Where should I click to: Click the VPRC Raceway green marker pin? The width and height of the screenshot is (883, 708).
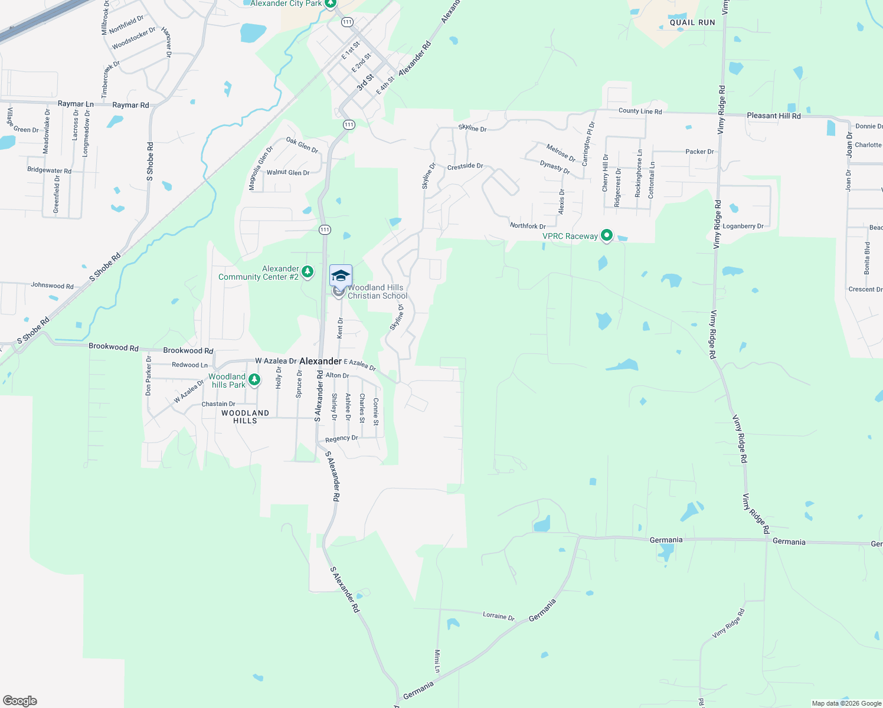(606, 236)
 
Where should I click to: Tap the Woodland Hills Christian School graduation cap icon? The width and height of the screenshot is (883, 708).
(341, 276)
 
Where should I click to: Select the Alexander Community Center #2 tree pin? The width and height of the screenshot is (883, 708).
(307, 272)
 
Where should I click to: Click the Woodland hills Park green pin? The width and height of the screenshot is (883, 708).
(254, 379)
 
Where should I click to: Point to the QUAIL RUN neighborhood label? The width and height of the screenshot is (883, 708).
(692, 22)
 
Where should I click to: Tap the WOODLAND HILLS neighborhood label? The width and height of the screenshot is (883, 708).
(245, 417)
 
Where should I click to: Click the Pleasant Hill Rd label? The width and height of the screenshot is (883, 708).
(774, 116)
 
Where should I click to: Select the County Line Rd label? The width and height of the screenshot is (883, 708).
(640, 111)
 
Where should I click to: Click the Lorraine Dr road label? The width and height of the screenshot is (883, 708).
(498, 616)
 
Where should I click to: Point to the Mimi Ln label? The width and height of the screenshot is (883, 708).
(437, 661)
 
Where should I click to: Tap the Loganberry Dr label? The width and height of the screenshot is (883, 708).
(743, 226)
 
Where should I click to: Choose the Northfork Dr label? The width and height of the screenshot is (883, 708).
(528, 226)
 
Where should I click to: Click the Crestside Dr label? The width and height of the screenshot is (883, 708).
(465, 166)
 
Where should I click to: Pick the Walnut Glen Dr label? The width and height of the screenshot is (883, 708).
(288, 172)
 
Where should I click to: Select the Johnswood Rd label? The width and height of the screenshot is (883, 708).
(52, 286)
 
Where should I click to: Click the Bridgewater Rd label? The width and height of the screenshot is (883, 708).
(49, 170)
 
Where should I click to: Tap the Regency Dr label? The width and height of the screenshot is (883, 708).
(342, 438)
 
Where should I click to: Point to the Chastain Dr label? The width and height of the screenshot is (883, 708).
(218, 404)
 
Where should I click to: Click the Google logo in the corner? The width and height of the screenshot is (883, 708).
(20, 701)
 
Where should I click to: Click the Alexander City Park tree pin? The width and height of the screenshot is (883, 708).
(331, 4)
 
